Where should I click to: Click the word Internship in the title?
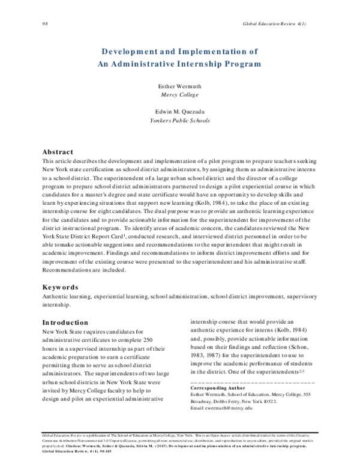190,63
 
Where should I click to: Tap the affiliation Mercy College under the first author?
179,95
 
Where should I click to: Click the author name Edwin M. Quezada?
179,112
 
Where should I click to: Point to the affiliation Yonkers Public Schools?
179,120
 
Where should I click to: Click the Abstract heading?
58,152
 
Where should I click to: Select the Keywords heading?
60,287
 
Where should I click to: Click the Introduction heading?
65,322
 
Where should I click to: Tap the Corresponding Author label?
218,372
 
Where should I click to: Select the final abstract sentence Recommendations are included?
84,270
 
